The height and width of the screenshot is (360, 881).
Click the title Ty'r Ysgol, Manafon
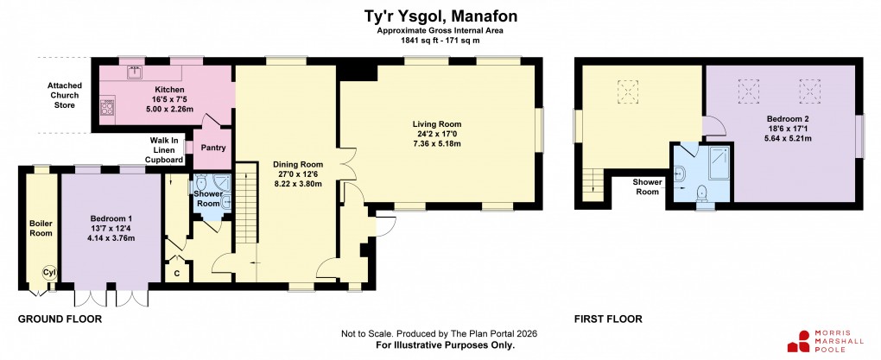(440, 16)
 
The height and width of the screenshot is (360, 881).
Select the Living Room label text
(437, 124)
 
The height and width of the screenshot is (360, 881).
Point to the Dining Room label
(298, 164)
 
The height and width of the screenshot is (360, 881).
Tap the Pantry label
(212, 148)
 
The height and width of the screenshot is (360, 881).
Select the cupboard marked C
(177, 274)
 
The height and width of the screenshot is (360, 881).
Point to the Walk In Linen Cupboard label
(165, 150)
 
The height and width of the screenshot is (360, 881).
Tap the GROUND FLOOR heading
(60, 319)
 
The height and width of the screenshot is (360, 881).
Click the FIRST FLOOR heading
(608, 319)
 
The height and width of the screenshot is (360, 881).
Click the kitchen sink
(136, 73)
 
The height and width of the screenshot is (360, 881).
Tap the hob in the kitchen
(109, 107)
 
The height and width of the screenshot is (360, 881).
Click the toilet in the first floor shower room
(703, 191)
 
